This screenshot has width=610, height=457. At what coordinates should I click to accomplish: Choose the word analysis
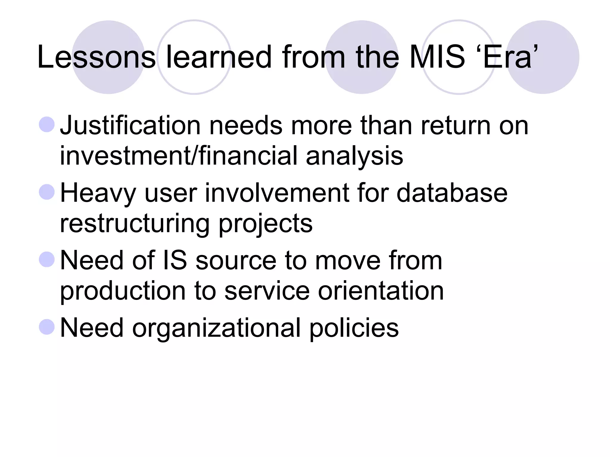coord(354,156)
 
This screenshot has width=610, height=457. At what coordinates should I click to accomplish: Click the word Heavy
coord(98,194)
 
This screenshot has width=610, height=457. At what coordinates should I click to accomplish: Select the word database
coord(452,193)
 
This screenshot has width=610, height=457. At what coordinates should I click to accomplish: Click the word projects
coord(266,224)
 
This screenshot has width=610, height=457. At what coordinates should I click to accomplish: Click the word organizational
coord(216,328)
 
